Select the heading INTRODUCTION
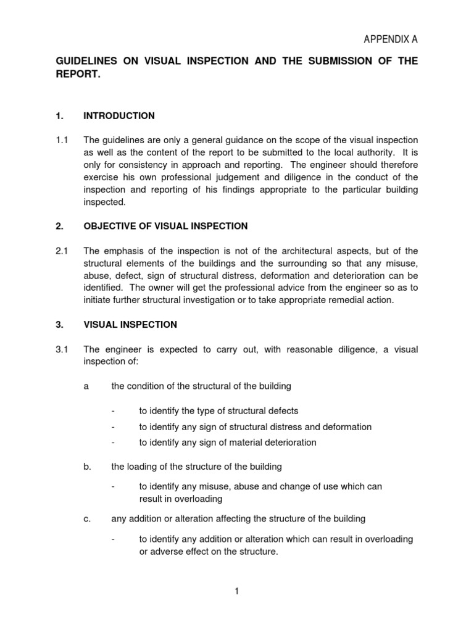[x=119, y=116]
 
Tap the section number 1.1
[x=62, y=140]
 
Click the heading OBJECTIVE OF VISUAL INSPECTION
[x=165, y=227]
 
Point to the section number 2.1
[x=62, y=251]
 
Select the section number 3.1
[x=62, y=349]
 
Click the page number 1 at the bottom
[x=236, y=591]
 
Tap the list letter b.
[x=87, y=467]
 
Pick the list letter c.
[x=87, y=518]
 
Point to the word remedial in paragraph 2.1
[x=345, y=300]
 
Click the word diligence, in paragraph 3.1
[x=347, y=349]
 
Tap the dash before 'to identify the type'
[x=113, y=411]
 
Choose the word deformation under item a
[x=344, y=426]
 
